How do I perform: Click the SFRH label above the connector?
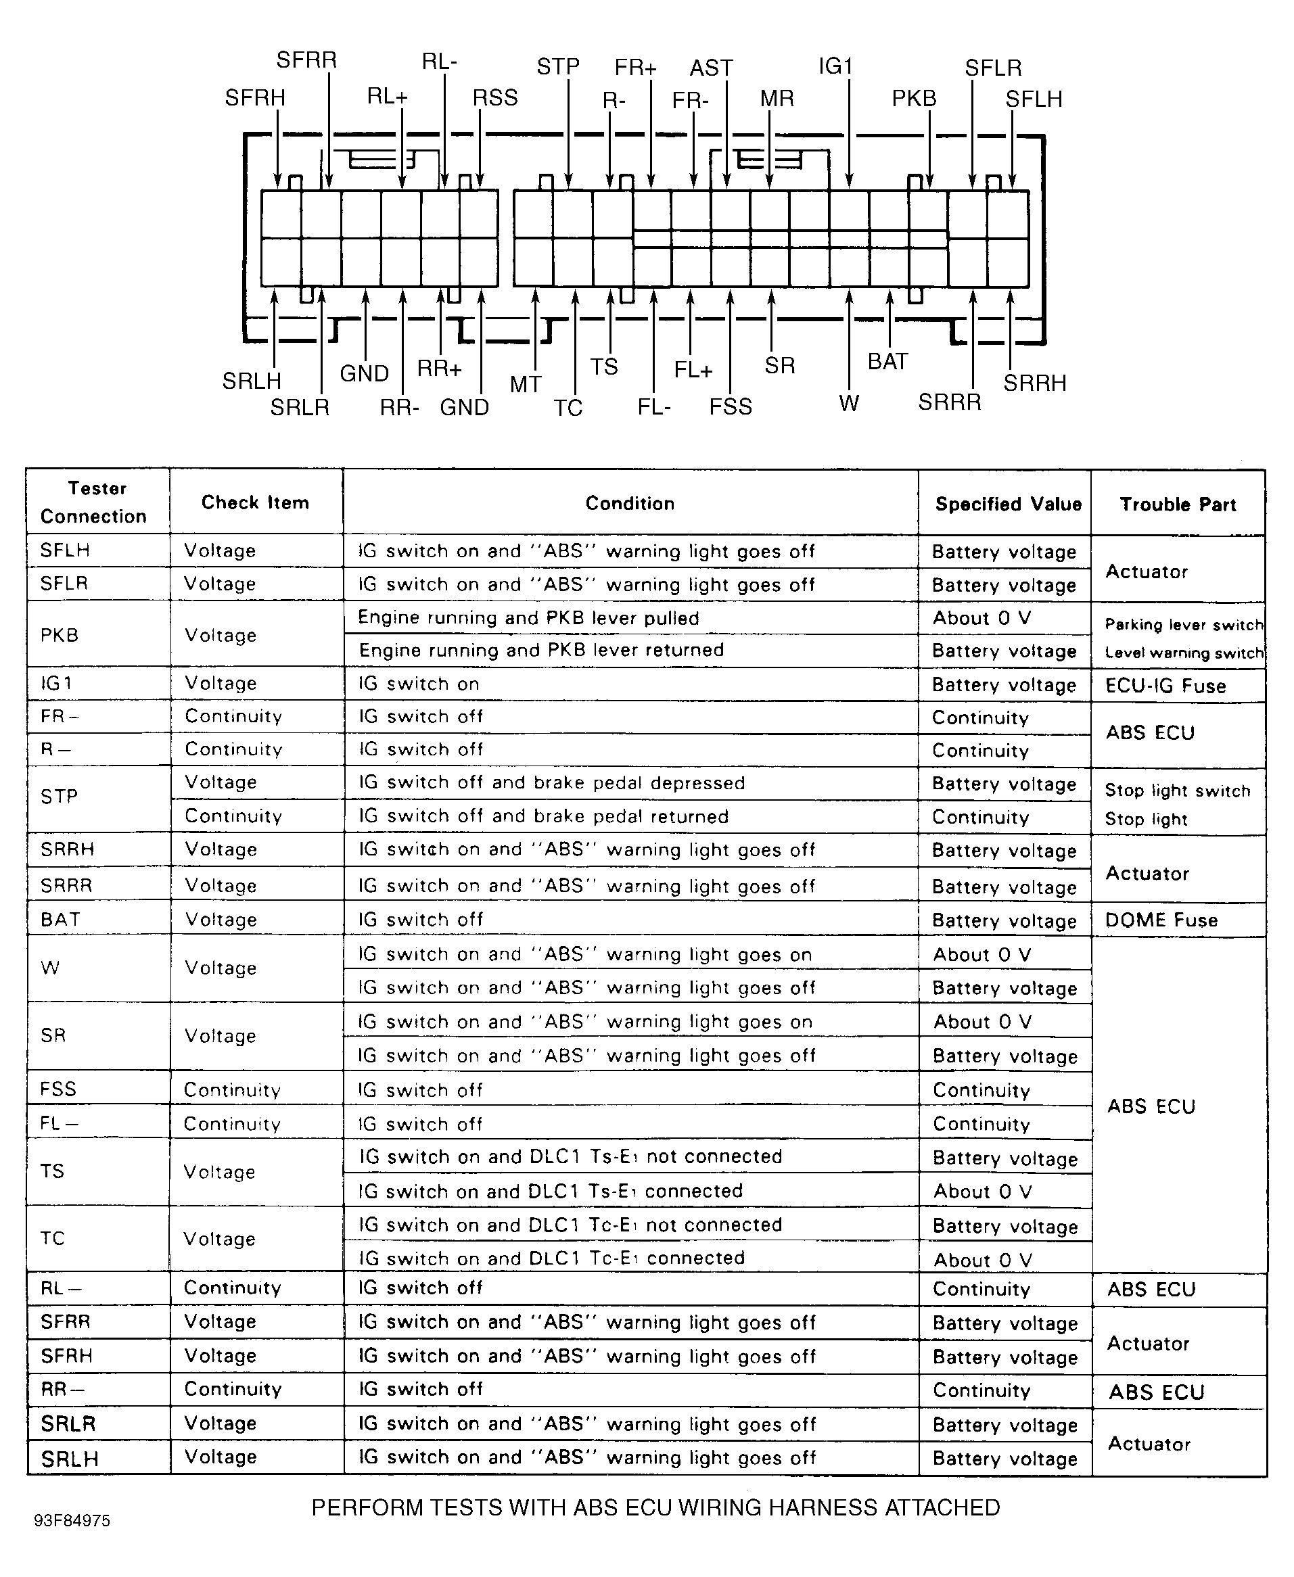255,97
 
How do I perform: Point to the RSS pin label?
495,97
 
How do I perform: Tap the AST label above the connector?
711,68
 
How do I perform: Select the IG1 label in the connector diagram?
835,66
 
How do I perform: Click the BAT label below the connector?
887,362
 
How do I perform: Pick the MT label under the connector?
526,385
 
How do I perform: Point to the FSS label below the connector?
731,407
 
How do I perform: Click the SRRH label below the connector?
1035,383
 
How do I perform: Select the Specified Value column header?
1009,504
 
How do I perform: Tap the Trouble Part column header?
1178,504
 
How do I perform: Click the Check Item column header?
255,503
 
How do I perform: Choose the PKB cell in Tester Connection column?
60,635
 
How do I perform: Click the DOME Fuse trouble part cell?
1161,920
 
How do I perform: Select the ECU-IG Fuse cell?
1165,686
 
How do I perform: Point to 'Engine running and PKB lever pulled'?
528,618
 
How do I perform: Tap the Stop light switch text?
1177,791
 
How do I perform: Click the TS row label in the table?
52,1171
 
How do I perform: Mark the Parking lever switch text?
1184,625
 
